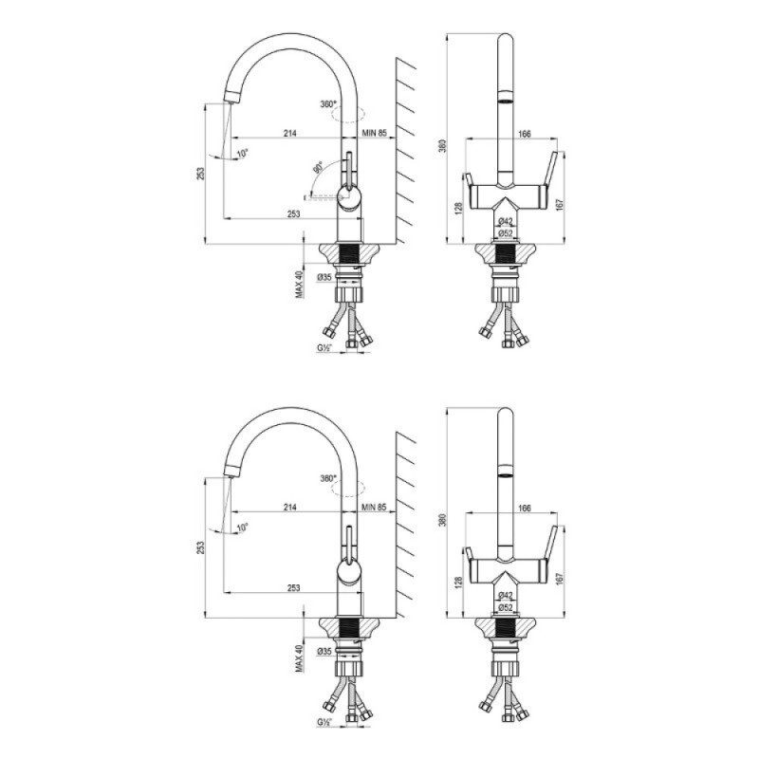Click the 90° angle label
318,169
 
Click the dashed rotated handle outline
323,197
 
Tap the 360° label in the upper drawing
327,104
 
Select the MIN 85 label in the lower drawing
374,508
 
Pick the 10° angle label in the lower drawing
243,528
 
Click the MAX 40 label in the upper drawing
299,284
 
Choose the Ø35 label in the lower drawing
324,652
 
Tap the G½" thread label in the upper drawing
324,347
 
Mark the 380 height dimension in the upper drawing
440,146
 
